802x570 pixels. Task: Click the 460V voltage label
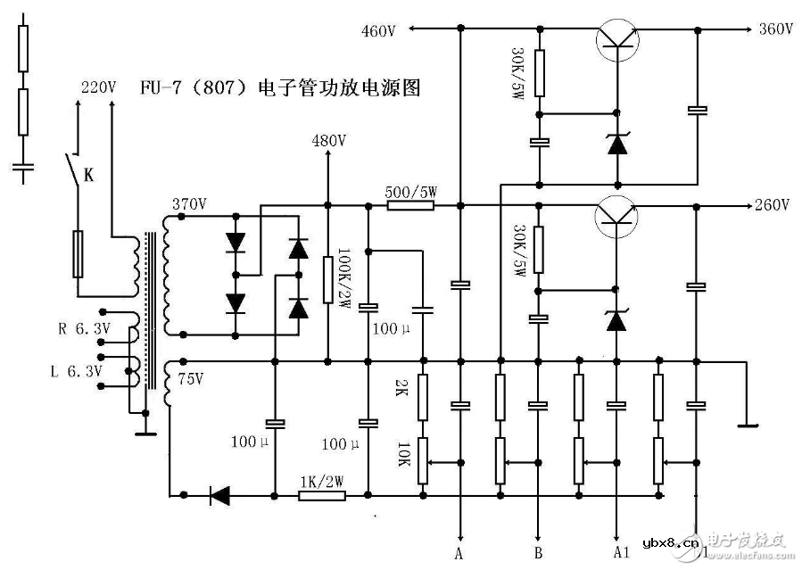point(378,31)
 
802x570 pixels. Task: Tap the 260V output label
point(772,205)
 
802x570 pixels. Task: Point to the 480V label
point(329,141)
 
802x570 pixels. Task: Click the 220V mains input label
point(98,87)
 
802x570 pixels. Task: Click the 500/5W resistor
point(410,205)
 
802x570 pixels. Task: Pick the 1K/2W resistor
point(321,494)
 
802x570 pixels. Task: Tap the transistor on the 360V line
point(617,37)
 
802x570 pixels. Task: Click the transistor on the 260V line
point(617,214)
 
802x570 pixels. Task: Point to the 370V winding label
point(190,204)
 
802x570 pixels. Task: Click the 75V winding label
point(192,379)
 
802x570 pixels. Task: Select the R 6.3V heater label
point(85,328)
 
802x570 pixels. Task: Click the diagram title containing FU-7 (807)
point(279,88)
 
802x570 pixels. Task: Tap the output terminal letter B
point(538,552)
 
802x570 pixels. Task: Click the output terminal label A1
point(622,552)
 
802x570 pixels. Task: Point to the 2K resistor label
point(402,389)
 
